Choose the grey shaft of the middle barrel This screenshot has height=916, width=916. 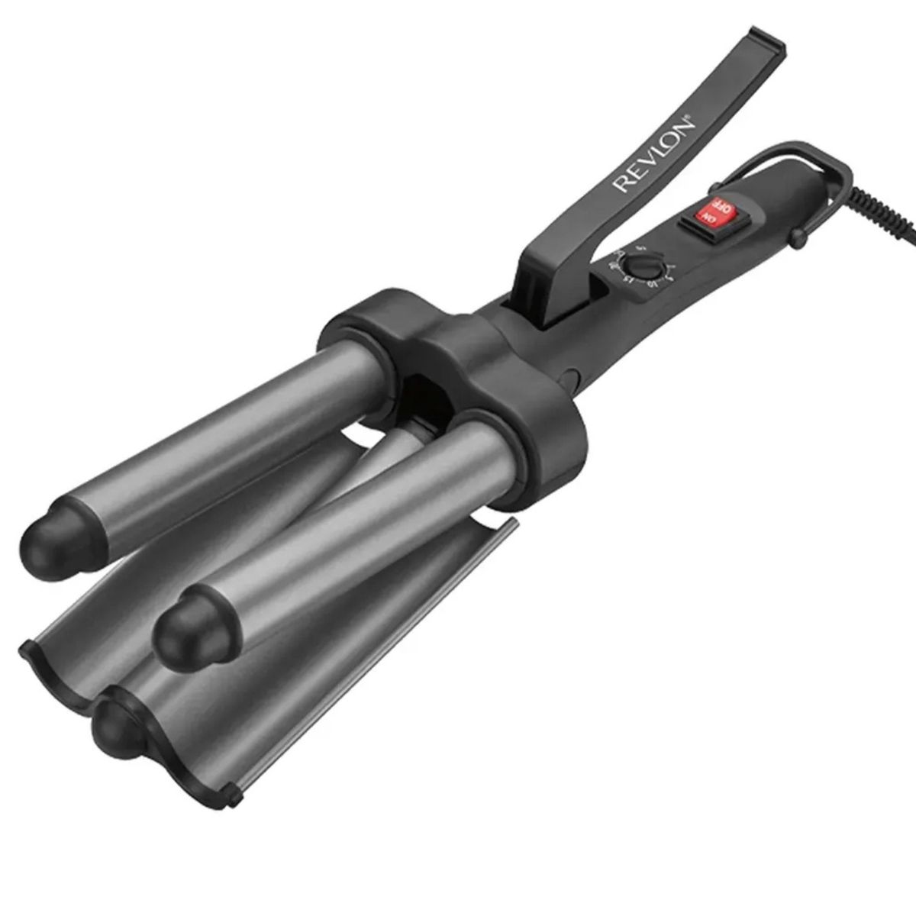(328, 527)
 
